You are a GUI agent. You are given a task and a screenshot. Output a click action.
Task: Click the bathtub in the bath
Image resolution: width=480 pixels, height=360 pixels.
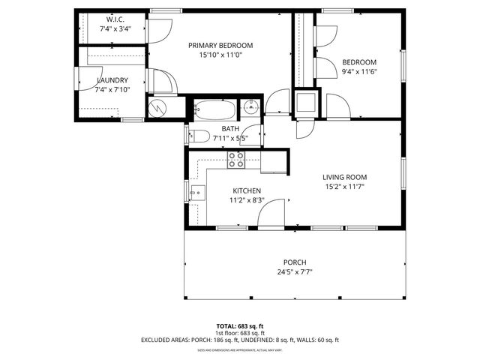[215, 109]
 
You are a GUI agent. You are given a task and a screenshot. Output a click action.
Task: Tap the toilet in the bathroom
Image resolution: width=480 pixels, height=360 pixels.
[199, 136]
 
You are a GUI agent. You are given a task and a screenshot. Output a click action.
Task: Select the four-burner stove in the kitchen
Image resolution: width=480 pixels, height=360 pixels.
[236, 158]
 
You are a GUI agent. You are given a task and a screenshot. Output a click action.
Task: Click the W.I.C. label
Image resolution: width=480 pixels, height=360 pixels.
[115, 20]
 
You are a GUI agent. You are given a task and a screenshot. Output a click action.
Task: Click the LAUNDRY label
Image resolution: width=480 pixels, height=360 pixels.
[112, 80]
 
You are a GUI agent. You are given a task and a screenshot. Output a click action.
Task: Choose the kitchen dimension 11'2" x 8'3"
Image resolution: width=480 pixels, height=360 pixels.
[246, 200]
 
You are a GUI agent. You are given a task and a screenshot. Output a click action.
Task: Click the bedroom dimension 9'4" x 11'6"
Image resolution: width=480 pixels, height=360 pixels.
[359, 72]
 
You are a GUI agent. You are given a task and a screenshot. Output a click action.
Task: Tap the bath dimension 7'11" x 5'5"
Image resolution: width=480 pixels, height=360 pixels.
[230, 138]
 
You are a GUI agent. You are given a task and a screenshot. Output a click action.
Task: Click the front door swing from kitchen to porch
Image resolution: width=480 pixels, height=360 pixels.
[272, 213]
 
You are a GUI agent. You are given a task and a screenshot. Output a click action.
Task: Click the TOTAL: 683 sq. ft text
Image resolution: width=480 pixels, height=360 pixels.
[239, 326]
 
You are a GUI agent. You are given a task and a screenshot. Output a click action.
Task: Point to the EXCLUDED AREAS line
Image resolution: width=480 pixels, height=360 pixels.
[239, 340]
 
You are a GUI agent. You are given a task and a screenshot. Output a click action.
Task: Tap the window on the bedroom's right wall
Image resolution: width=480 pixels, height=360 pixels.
[403, 66]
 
